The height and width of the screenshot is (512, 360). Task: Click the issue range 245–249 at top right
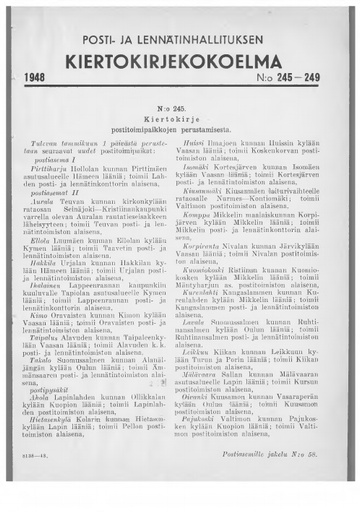[297, 77]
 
